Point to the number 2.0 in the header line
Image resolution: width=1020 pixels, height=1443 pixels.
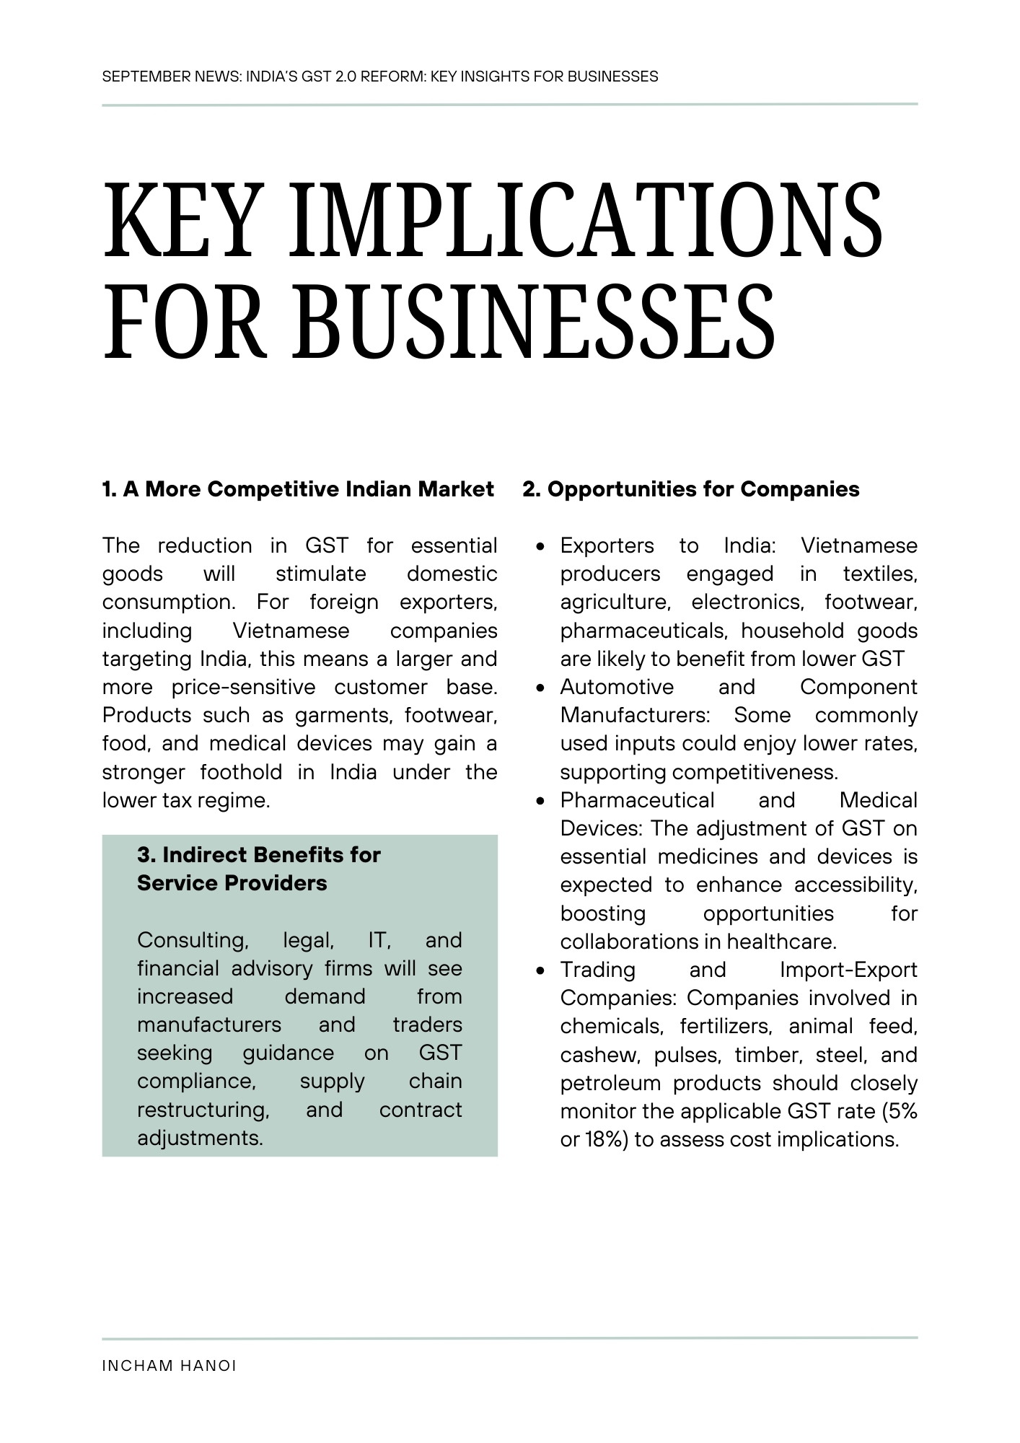346,76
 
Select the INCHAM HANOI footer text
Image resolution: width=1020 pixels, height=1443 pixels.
170,1366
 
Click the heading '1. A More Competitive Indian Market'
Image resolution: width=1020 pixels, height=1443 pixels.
298,489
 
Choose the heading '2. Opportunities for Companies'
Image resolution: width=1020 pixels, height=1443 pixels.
691,489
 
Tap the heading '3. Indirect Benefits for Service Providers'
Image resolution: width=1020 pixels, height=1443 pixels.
258,869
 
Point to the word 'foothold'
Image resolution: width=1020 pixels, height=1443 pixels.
241,772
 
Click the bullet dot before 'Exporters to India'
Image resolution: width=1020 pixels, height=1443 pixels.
540,547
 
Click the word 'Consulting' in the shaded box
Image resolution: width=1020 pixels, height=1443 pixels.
193,940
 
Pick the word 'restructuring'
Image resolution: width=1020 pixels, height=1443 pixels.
203,1110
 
